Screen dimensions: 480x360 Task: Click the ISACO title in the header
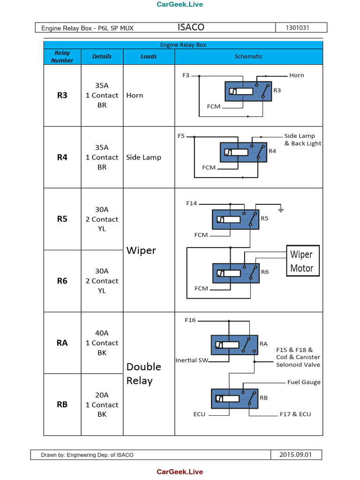coord(191,28)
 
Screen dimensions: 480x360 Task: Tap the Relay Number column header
coord(62,57)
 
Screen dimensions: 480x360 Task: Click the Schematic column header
coord(248,57)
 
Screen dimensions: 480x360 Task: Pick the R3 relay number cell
coord(62,95)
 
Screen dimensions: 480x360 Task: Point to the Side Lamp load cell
coord(143,157)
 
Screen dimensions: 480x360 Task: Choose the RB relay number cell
coord(62,405)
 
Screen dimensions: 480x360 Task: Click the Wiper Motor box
coord(302,261)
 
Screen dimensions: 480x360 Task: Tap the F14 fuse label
coord(192,203)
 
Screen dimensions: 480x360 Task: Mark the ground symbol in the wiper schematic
coord(281,210)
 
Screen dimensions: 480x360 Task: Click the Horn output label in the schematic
coord(297,75)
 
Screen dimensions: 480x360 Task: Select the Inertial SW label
coord(192,360)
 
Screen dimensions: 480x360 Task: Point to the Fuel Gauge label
coord(304,382)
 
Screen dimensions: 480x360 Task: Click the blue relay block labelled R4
coord(243,152)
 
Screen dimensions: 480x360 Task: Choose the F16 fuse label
coord(190,320)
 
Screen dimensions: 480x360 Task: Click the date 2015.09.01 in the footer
coord(295,455)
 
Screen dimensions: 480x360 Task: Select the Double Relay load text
coord(143,374)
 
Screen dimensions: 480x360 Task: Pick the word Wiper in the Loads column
coord(141,250)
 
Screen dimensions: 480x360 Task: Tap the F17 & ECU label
coord(295,414)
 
